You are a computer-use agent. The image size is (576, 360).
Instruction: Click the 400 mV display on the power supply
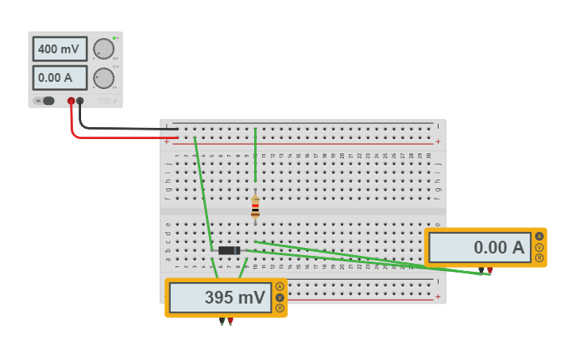pos(60,49)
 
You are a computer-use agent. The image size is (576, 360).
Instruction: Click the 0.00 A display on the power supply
pos(60,78)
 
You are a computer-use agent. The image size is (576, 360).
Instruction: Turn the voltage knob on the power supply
pos(103,49)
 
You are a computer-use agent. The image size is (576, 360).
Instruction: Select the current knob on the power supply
pos(103,78)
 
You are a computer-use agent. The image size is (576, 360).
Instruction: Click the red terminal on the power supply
pos(72,101)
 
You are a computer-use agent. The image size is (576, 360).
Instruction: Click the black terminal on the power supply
pos(80,101)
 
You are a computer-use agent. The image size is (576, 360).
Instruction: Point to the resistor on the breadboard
pos(255,207)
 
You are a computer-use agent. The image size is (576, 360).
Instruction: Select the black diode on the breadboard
pos(229,250)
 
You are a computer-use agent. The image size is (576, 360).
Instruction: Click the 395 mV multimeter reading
pos(221,298)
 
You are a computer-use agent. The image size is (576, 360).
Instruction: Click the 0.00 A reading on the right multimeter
pos(479,247)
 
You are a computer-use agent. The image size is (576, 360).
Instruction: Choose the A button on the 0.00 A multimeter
pos(539,236)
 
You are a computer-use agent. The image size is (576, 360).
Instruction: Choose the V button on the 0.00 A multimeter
pos(539,247)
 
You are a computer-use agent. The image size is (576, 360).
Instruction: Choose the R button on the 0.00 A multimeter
pos(539,258)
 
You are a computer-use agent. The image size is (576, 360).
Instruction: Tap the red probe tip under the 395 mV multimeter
pos(230,321)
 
